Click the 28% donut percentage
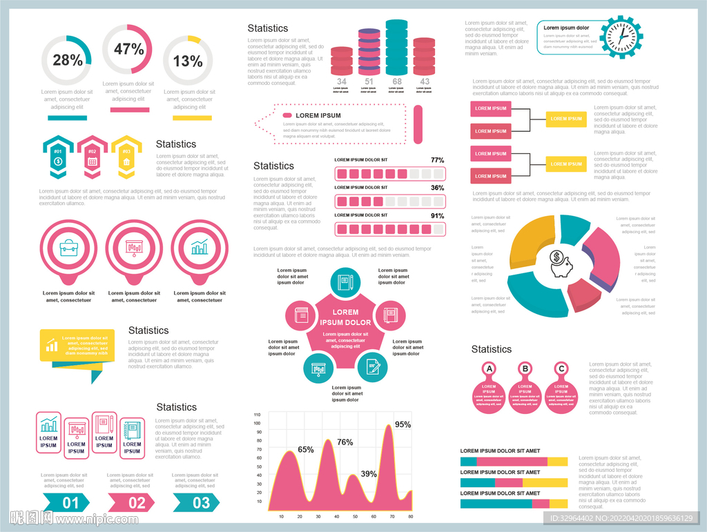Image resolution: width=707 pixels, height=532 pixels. click(68, 61)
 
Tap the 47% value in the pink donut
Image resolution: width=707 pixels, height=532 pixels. click(128, 50)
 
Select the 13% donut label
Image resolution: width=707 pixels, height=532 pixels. click(188, 61)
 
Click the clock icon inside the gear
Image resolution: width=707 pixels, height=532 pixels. click(622, 37)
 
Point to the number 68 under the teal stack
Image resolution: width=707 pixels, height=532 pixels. click(397, 81)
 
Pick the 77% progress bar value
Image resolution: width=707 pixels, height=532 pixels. click(437, 160)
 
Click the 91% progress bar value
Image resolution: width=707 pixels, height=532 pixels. click(437, 215)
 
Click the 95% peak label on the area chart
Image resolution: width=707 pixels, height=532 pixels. click(403, 425)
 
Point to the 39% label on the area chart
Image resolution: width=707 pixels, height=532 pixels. click(369, 474)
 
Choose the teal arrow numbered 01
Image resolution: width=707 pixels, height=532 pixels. click(67, 502)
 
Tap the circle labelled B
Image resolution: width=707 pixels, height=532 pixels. click(525, 369)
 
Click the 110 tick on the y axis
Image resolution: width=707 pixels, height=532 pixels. click(257, 415)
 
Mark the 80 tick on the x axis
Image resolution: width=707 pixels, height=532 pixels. click(410, 516)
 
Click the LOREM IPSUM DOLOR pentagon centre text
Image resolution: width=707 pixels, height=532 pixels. click(346, 317)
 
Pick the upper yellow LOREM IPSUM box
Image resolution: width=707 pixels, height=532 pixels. click(566, 119)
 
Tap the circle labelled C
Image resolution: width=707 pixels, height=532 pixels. click(561, 369)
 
